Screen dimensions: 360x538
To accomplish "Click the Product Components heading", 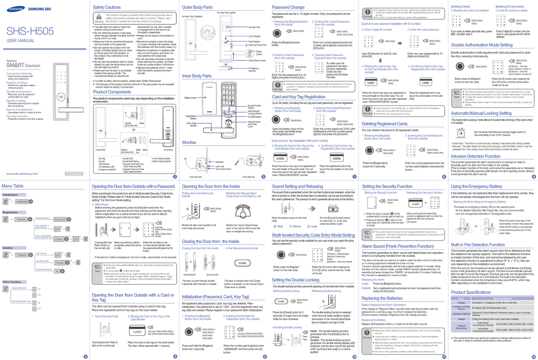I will tap(112, 92).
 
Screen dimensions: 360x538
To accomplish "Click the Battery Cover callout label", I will tap(191, 98).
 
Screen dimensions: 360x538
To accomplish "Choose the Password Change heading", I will tap(288, 8).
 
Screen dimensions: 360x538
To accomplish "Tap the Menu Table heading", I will tap(13, 186).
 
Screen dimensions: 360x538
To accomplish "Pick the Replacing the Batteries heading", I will tap(382, 298).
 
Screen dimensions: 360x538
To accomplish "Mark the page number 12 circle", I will tap(533, 356).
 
